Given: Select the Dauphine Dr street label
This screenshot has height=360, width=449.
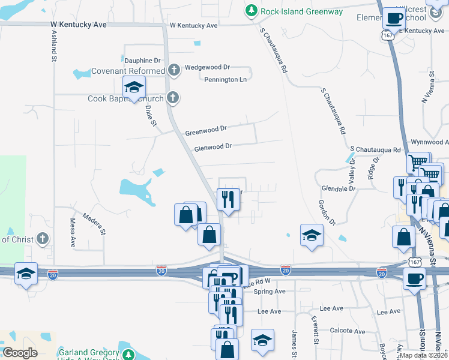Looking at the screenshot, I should pos(143,61).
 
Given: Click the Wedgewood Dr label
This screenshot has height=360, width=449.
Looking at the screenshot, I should pos(208,68).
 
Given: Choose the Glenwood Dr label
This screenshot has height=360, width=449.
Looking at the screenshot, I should pos(212,147).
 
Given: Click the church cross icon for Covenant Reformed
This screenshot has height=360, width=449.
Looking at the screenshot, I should pos(174,71).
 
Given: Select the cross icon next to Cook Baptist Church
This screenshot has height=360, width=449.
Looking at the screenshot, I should pos(173,97).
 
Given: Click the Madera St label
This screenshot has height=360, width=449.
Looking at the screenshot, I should pos(94,223).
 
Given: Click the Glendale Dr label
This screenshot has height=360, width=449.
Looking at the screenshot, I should pos(339,188).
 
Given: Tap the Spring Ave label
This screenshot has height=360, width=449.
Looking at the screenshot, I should pos(269,292).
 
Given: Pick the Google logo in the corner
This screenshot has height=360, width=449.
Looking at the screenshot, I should pos(20,353).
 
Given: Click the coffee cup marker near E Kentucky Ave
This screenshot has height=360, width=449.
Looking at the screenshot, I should pos(394,19).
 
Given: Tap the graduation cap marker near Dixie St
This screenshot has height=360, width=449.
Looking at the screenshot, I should pos(134,87).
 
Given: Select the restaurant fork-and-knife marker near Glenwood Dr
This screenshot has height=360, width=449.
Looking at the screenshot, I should pos(228,198).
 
